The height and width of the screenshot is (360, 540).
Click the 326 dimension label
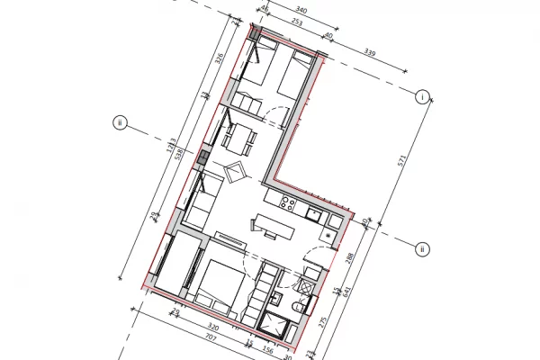click(220, 59)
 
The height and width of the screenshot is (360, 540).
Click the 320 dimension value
click(212, 327)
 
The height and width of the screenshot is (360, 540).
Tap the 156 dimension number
click(267, 352)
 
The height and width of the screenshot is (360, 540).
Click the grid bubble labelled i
click(423, 97)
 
